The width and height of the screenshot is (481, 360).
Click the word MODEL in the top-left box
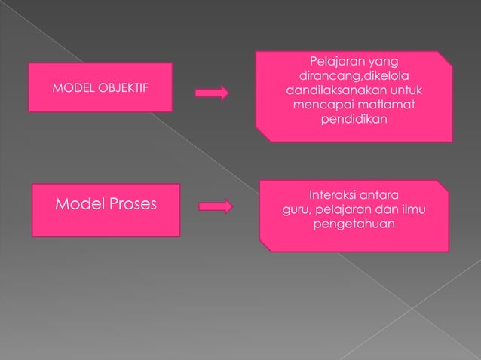pos(72,90)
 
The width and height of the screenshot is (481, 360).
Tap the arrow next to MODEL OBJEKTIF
pos(212,93)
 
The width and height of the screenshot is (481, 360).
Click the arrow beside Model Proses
pos(217,206)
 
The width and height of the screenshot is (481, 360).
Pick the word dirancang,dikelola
pos(354,75)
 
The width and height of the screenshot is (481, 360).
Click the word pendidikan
pos(354,119)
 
